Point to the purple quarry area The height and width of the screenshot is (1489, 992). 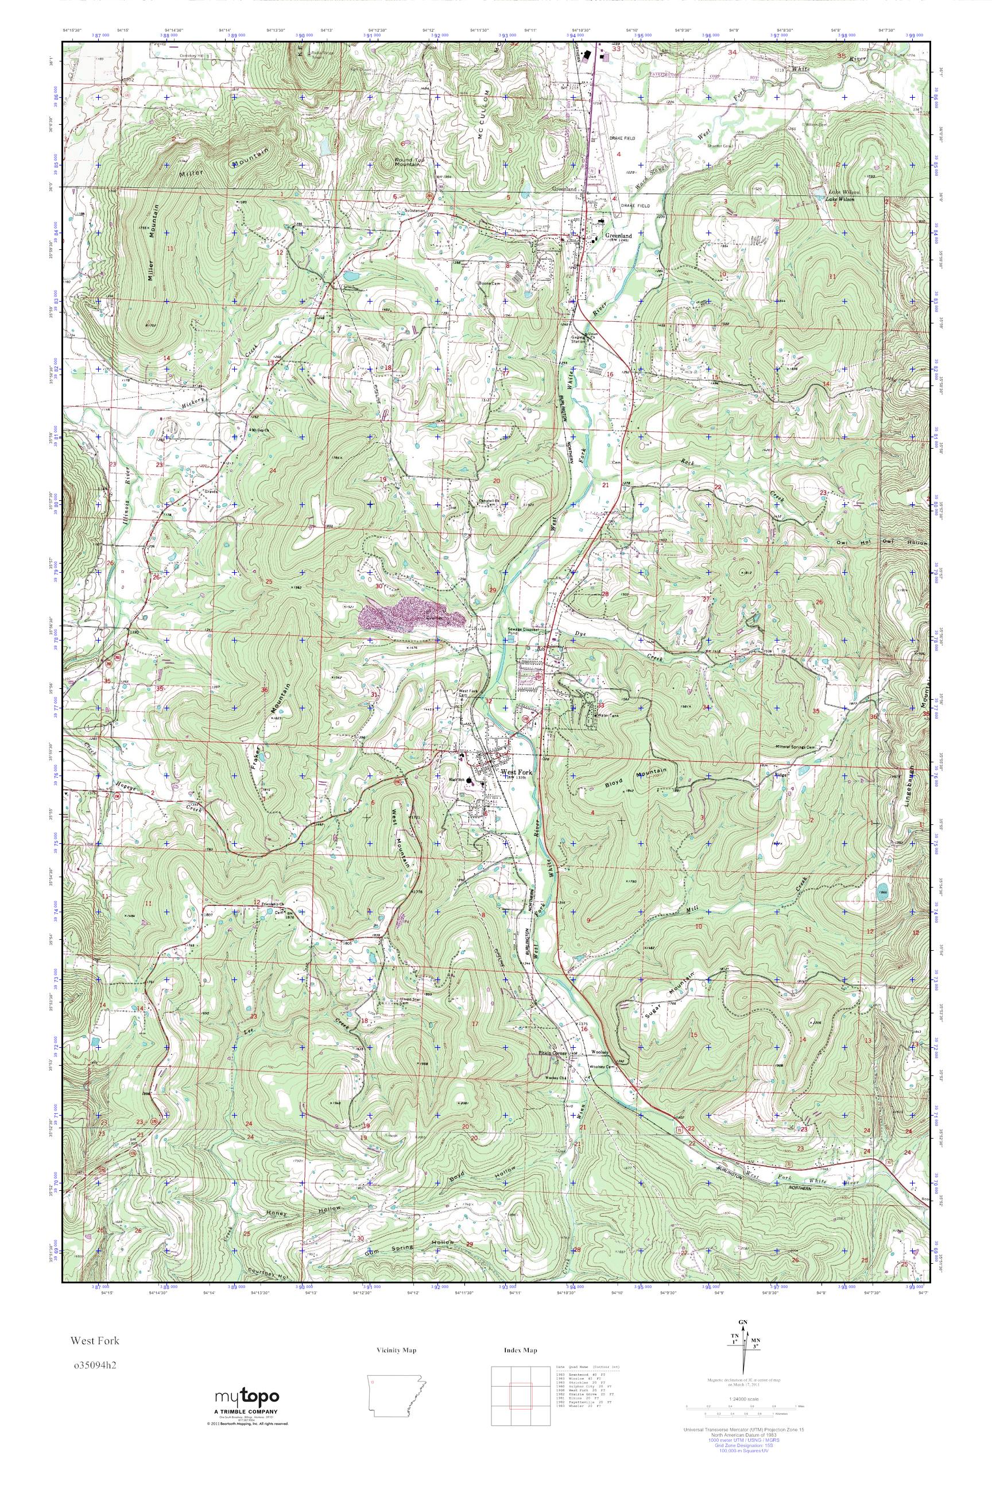pos(411,615)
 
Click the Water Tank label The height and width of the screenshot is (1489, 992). pos(607,715)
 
